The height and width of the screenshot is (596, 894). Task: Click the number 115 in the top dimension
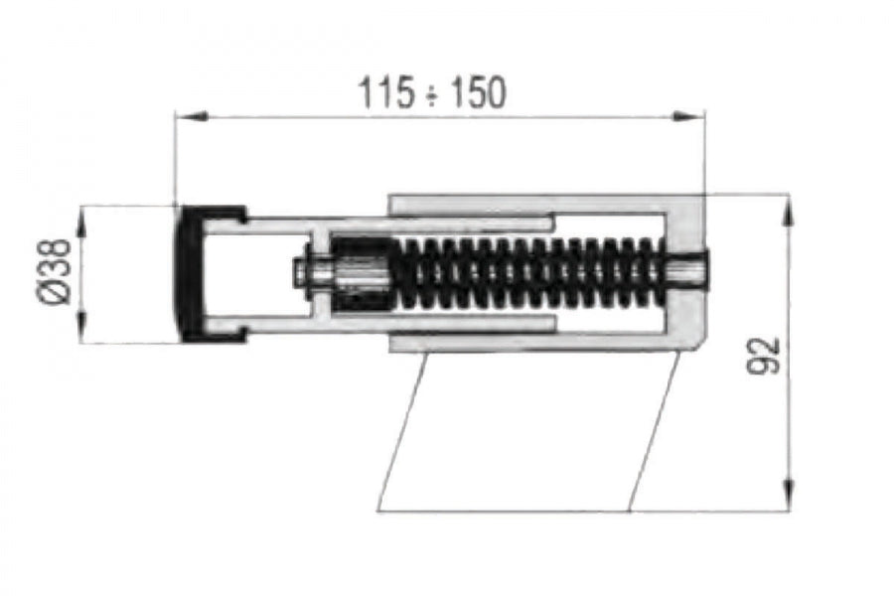[x=385, y=93]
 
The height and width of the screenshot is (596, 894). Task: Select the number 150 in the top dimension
[x=478, y=93]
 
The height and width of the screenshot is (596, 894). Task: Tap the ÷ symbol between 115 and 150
[x=431, y=95]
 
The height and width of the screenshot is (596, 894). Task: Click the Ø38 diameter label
[x=54, y=272]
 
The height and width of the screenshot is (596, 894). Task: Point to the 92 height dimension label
[x=763, y=356]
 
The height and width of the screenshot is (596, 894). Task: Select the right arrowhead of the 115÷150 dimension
[x=688, y=117]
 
